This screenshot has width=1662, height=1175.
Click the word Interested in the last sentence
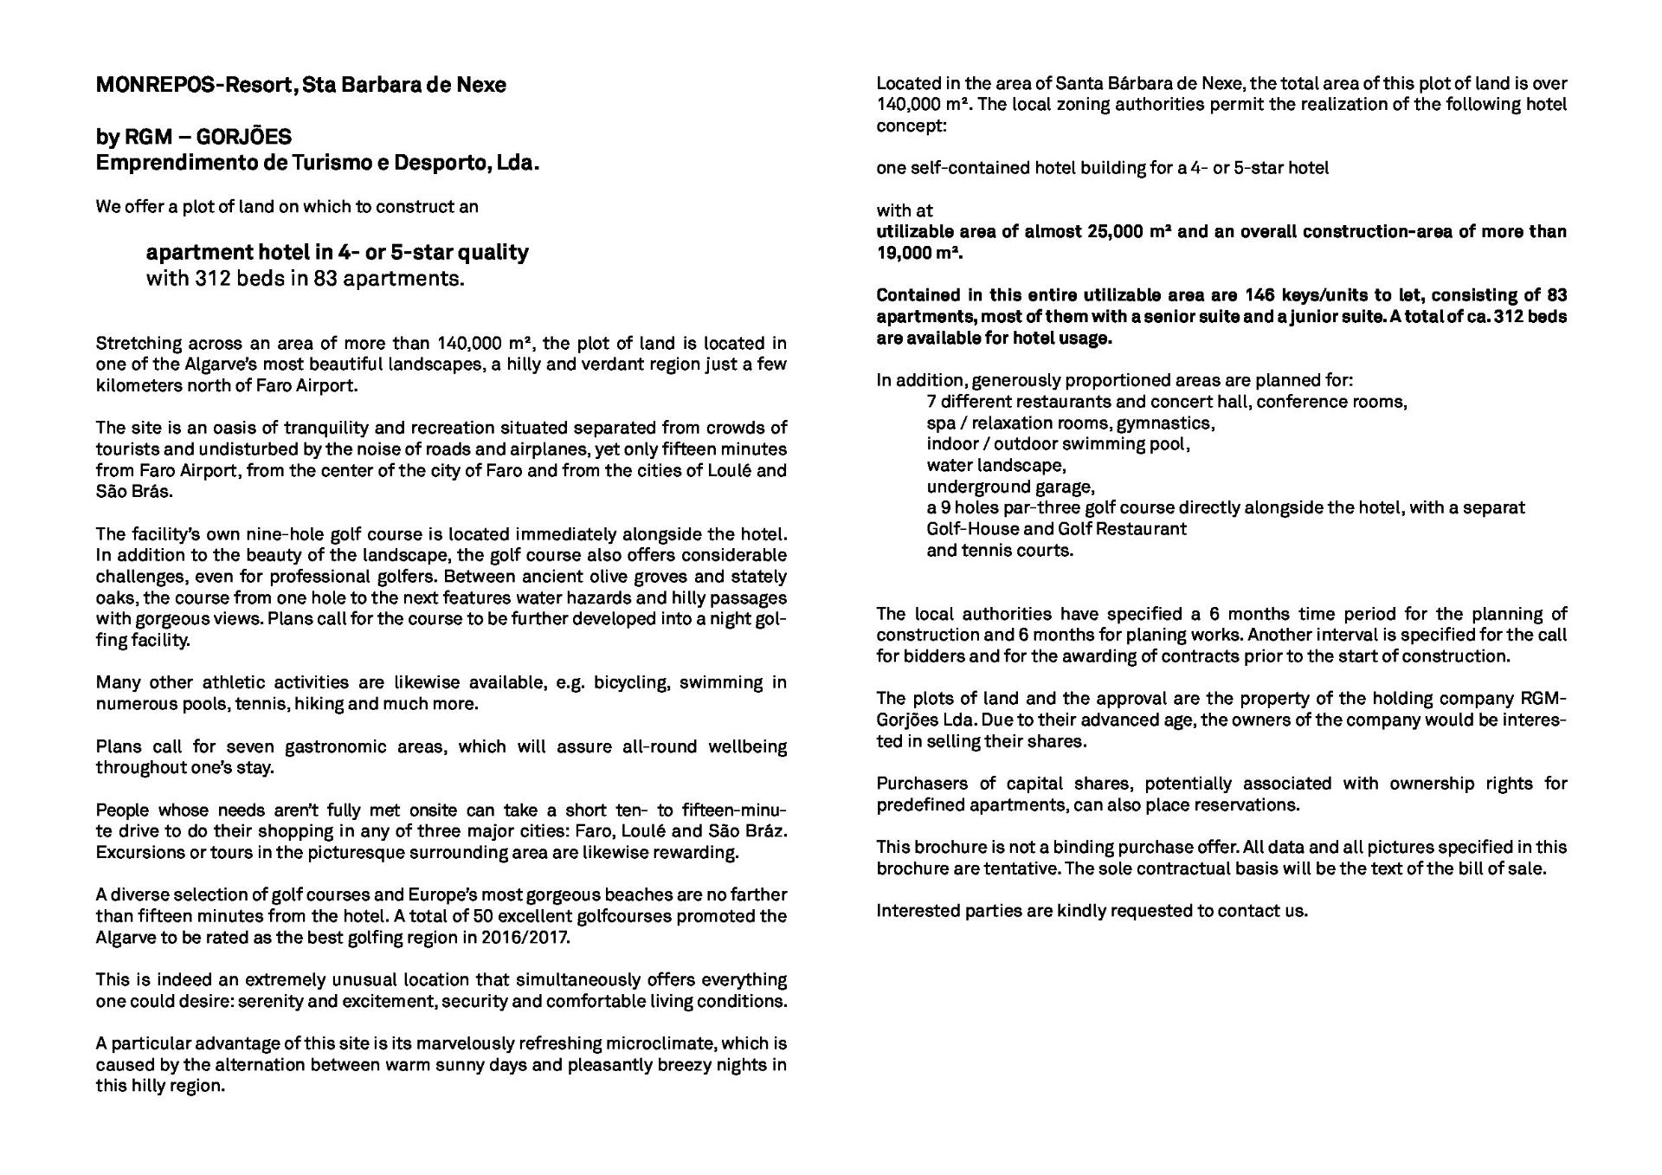(x=916, y=911)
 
